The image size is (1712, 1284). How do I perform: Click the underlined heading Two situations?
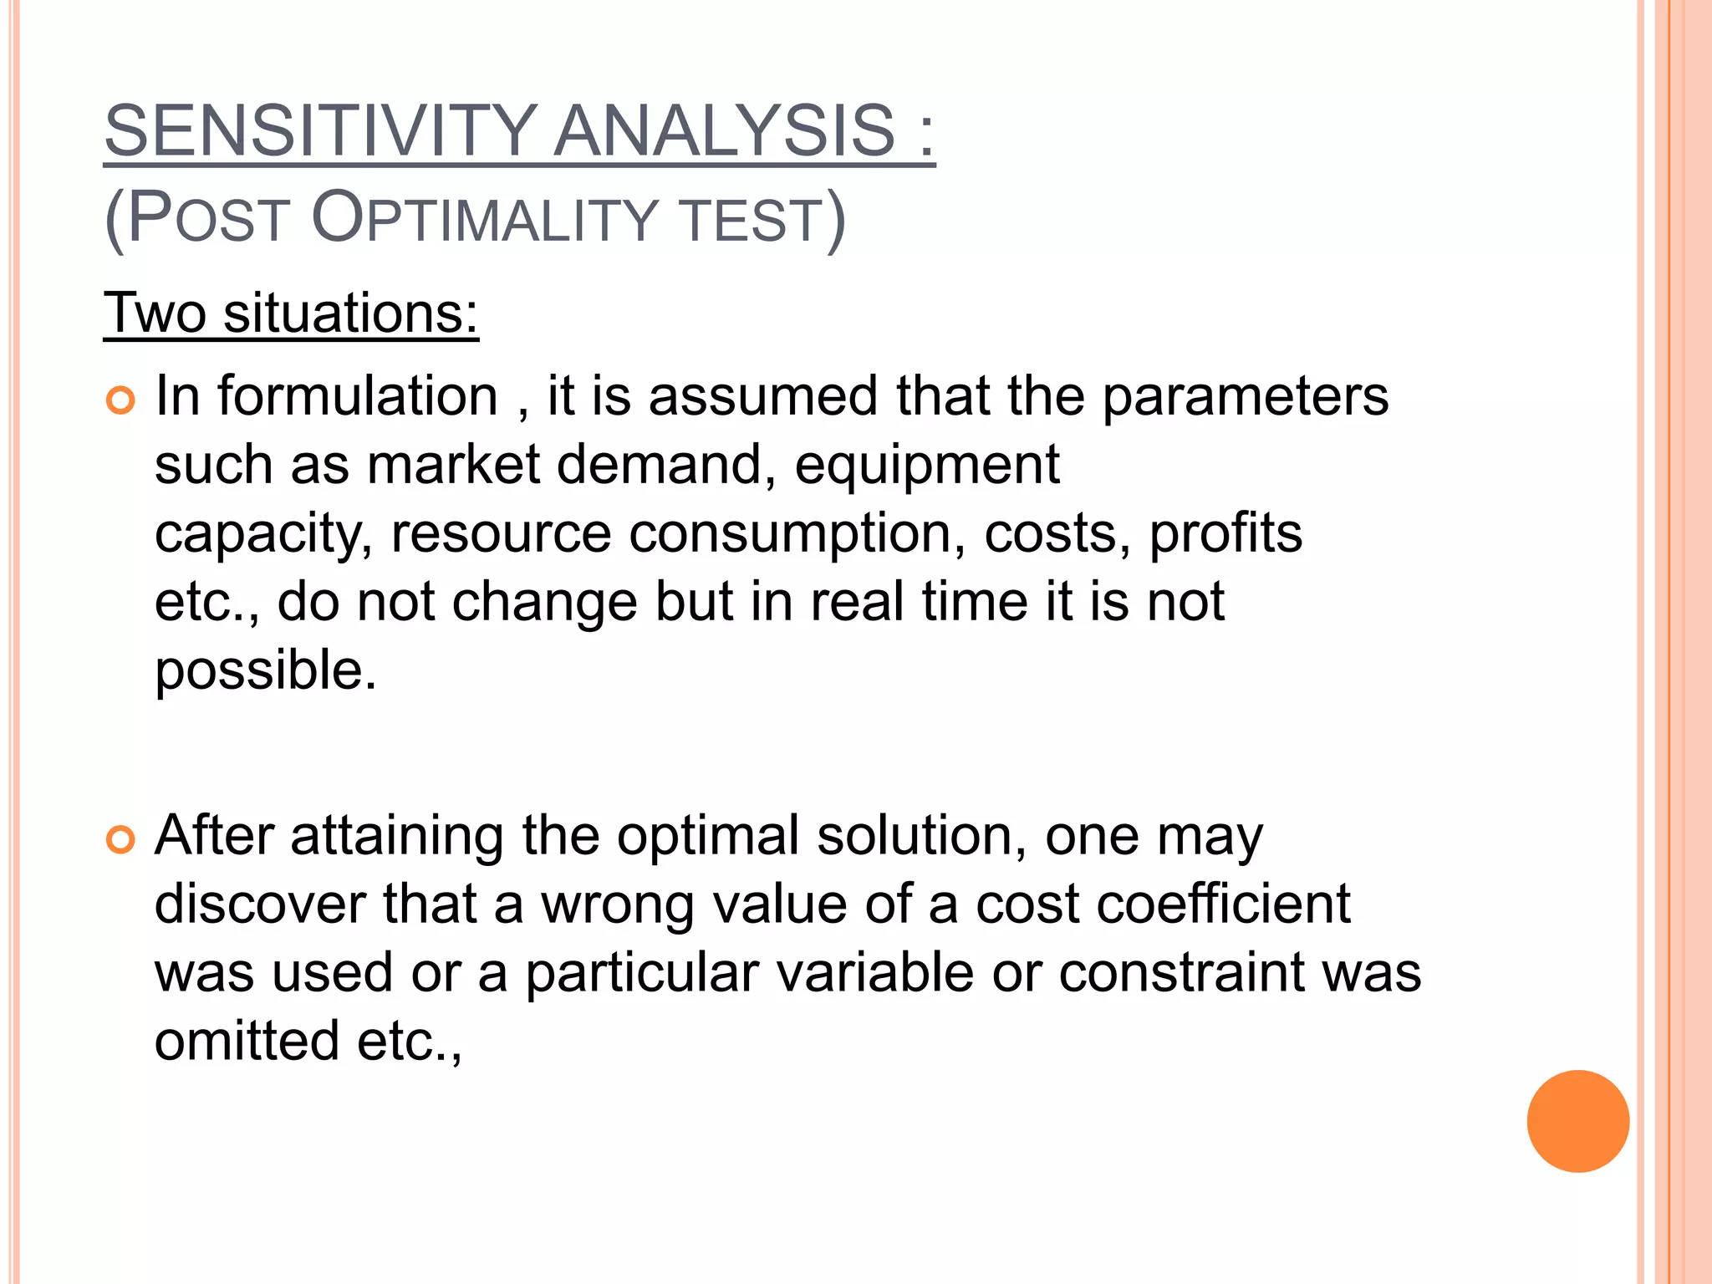tap(291, 313)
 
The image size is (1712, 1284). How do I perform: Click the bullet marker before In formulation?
tap(121, 400)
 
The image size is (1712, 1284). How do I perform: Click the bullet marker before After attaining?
tap(121, 839)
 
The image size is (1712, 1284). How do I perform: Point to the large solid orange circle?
tap(1577, 1121)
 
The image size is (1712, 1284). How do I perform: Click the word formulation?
tap(358, 395)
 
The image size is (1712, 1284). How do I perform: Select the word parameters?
tap(1245, 397)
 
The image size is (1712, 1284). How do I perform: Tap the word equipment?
tap(927, 466)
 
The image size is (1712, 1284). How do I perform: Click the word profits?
tap(1225, 534)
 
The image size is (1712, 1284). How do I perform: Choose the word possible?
tap(266, 671)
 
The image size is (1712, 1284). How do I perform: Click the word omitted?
tap(247, 1042)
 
